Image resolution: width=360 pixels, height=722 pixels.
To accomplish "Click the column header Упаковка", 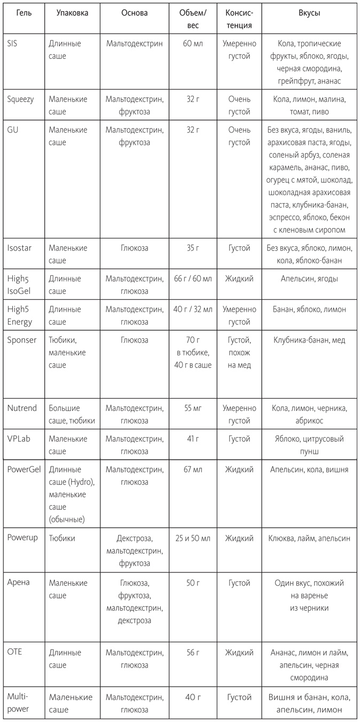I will [72, 13].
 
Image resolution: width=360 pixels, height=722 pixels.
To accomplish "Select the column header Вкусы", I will [309, 13].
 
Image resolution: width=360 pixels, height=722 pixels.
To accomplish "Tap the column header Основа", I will [135, 13].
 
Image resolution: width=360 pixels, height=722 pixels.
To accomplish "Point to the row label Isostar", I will [21, 248].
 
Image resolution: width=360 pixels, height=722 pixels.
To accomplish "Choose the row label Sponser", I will [22, 340].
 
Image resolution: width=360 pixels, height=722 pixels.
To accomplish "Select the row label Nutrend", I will [22, 408].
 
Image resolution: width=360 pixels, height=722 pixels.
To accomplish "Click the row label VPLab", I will [19, 439].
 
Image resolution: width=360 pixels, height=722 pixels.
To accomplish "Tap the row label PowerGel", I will [25, 469].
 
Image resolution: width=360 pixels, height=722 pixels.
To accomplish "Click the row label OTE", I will [15, 653].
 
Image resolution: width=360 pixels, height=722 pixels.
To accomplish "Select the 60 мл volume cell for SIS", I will [193, 43].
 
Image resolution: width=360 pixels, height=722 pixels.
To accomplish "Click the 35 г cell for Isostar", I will [193, 248].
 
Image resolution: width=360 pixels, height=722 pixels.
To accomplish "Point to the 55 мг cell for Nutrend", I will [193, 408].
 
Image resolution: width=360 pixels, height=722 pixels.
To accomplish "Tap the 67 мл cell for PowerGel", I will [193, 469].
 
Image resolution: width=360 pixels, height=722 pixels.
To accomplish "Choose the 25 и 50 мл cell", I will [193, 538].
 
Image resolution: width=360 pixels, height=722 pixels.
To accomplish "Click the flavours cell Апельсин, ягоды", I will [309, 278].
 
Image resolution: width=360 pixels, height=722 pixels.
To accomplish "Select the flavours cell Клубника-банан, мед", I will [309, 340].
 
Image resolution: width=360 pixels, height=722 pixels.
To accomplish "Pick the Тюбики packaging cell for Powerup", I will [62, 538].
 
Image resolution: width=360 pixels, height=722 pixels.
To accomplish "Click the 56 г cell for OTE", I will [193, 653].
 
